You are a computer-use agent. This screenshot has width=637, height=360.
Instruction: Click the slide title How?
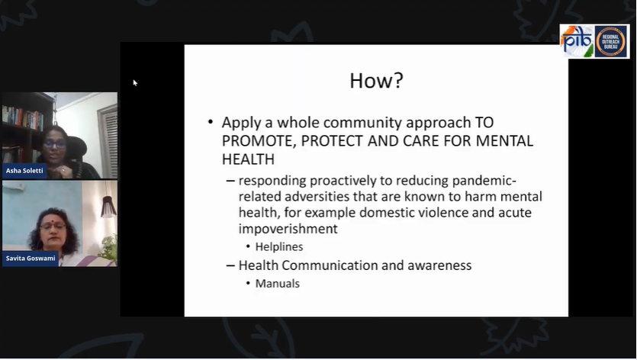(x=376, y=81)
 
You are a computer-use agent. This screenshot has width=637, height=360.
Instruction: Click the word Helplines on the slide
(x=279, y=246)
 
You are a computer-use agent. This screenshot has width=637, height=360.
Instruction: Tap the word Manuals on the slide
(x=278, y=284)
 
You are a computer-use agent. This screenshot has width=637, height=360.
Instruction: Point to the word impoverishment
(x=288, y=229)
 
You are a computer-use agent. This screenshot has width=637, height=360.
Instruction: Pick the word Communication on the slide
(x=336, y=265)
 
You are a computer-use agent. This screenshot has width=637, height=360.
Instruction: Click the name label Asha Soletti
(x=25, y=172)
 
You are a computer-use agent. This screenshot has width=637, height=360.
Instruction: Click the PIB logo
(x=576, y=40)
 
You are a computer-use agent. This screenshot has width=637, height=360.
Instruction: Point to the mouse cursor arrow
(x=135, y=82)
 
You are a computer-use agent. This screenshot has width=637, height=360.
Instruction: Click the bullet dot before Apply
(x=211, y=123)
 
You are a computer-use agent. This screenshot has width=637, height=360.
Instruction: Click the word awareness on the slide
(x=438, y=265)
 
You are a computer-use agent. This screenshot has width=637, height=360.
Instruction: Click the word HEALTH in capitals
(x=247, y=159)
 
